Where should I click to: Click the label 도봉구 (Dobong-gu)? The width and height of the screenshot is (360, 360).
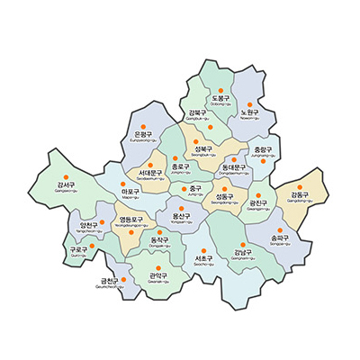pyautogui.click(x=220, y=100)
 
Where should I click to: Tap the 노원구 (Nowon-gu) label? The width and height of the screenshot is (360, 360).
pyautogui.click(x=250, y=113)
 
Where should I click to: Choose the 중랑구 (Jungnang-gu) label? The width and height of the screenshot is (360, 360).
pyautogui.click(x=263, y=150)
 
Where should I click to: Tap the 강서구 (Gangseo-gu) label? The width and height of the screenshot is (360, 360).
pyautogui.click(x=65, y=186)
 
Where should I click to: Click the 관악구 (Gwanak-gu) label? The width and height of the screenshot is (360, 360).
pyautogui.click(x=160, y=278)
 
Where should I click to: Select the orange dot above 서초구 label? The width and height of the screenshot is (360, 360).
pyautogui.click(x=202, y=246)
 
